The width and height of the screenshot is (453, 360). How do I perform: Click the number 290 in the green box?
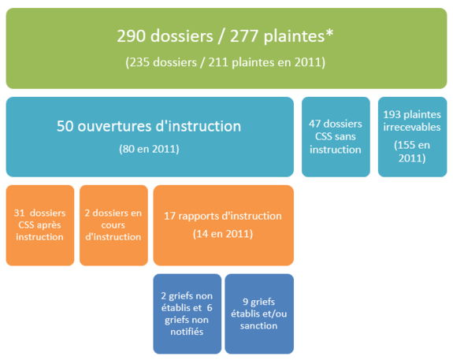tap(131, 36)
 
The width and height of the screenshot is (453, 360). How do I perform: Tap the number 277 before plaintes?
tap(244, 36)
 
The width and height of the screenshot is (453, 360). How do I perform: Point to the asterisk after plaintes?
tap(329, 32)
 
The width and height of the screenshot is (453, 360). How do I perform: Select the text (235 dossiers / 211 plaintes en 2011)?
tap(225, 62)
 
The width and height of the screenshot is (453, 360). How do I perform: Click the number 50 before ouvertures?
tap(65, 126)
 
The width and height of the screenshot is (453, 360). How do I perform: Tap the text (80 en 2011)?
tap(149, 149)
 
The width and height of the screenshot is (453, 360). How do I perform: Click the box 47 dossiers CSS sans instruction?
tap(336, 136)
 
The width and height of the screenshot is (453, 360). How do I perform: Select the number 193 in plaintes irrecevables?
tap(392, 115)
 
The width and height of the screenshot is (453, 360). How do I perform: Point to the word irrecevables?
tap(412, 127)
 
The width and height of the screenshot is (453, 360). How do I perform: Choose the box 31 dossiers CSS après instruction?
tap(40, 225)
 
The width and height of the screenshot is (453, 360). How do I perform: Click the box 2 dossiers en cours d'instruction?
tap(113, 225)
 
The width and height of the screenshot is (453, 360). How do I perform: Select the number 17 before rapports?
tap(169, 216)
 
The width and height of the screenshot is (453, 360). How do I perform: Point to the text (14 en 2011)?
tap(223, 234)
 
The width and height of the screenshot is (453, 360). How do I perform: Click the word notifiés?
tap(187, 332)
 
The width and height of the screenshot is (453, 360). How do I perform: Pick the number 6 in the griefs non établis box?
tap(210, 308)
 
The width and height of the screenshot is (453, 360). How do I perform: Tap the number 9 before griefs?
tap(246, 302)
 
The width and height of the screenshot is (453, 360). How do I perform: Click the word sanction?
tap(259, 326)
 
